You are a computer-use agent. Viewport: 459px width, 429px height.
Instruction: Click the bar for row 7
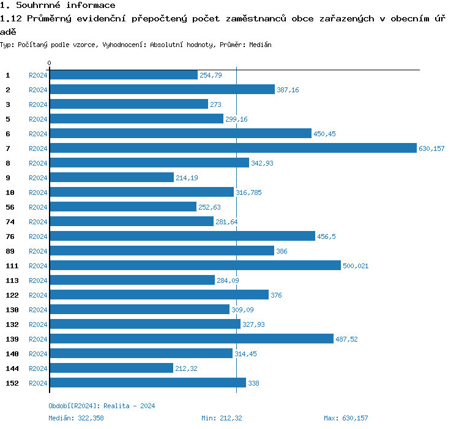pos(233,148)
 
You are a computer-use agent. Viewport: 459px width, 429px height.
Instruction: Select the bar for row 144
pos(111,369)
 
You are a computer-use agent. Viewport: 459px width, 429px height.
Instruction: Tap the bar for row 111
pos(195,266)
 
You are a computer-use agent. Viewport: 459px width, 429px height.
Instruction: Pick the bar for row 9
pos(111,178)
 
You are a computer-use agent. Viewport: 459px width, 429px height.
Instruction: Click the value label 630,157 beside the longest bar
pos(432,148)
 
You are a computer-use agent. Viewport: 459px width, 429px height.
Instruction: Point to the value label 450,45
pos(324,134)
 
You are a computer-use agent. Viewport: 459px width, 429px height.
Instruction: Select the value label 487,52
pos(346,339)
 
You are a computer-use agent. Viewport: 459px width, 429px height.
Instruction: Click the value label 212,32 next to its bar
pos(186,369)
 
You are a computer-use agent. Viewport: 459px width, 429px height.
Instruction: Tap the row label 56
pos(10,207)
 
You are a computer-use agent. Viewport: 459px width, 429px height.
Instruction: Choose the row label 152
pos(12,383)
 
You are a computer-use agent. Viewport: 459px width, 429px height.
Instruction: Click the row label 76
pos(10,237)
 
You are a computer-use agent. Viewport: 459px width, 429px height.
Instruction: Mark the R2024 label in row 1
pos(38,75)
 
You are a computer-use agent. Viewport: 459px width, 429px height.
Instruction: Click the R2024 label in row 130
pos(38,310)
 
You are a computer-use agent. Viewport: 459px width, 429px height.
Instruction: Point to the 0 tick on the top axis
pos(49,64)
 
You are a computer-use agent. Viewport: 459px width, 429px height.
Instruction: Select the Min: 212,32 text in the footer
pos(222,418)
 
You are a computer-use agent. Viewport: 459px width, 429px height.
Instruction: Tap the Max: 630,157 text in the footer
pos(346,418)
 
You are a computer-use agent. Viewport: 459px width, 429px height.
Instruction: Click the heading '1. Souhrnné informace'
pos(58,5)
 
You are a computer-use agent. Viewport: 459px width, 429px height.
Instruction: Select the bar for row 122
pos(159,295)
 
